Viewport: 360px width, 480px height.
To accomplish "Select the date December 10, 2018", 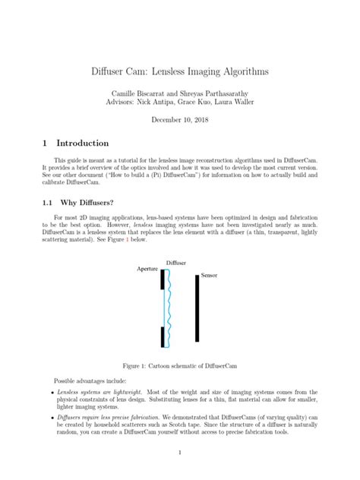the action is [x=179, y=120].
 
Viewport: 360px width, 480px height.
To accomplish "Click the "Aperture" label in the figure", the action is [x=147, y=269].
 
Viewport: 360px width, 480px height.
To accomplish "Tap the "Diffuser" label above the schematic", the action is [x=176, y=262].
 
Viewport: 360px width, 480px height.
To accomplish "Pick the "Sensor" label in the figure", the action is [x=210, y=273].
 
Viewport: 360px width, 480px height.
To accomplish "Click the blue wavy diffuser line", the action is [x=169, y=311].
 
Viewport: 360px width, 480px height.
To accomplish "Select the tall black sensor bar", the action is [x=197, y=308].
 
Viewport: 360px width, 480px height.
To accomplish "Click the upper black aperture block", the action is [x=162, y=279].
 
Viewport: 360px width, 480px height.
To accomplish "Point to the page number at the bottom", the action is [x=179, y=453].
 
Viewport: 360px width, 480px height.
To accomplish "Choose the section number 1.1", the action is [x=47, y=203].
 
